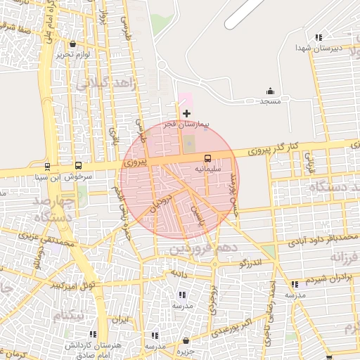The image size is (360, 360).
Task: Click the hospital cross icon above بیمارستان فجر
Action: (186, 113)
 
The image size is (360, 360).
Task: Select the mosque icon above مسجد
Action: (271, 91)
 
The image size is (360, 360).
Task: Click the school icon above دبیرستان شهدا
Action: (319, 37)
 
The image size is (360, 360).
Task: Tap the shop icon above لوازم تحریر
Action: (74, 44)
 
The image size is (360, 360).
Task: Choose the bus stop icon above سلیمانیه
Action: (207, 158)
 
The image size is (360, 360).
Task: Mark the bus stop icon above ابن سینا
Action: (47, 167)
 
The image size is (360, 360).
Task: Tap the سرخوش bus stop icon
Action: (78, 167)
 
